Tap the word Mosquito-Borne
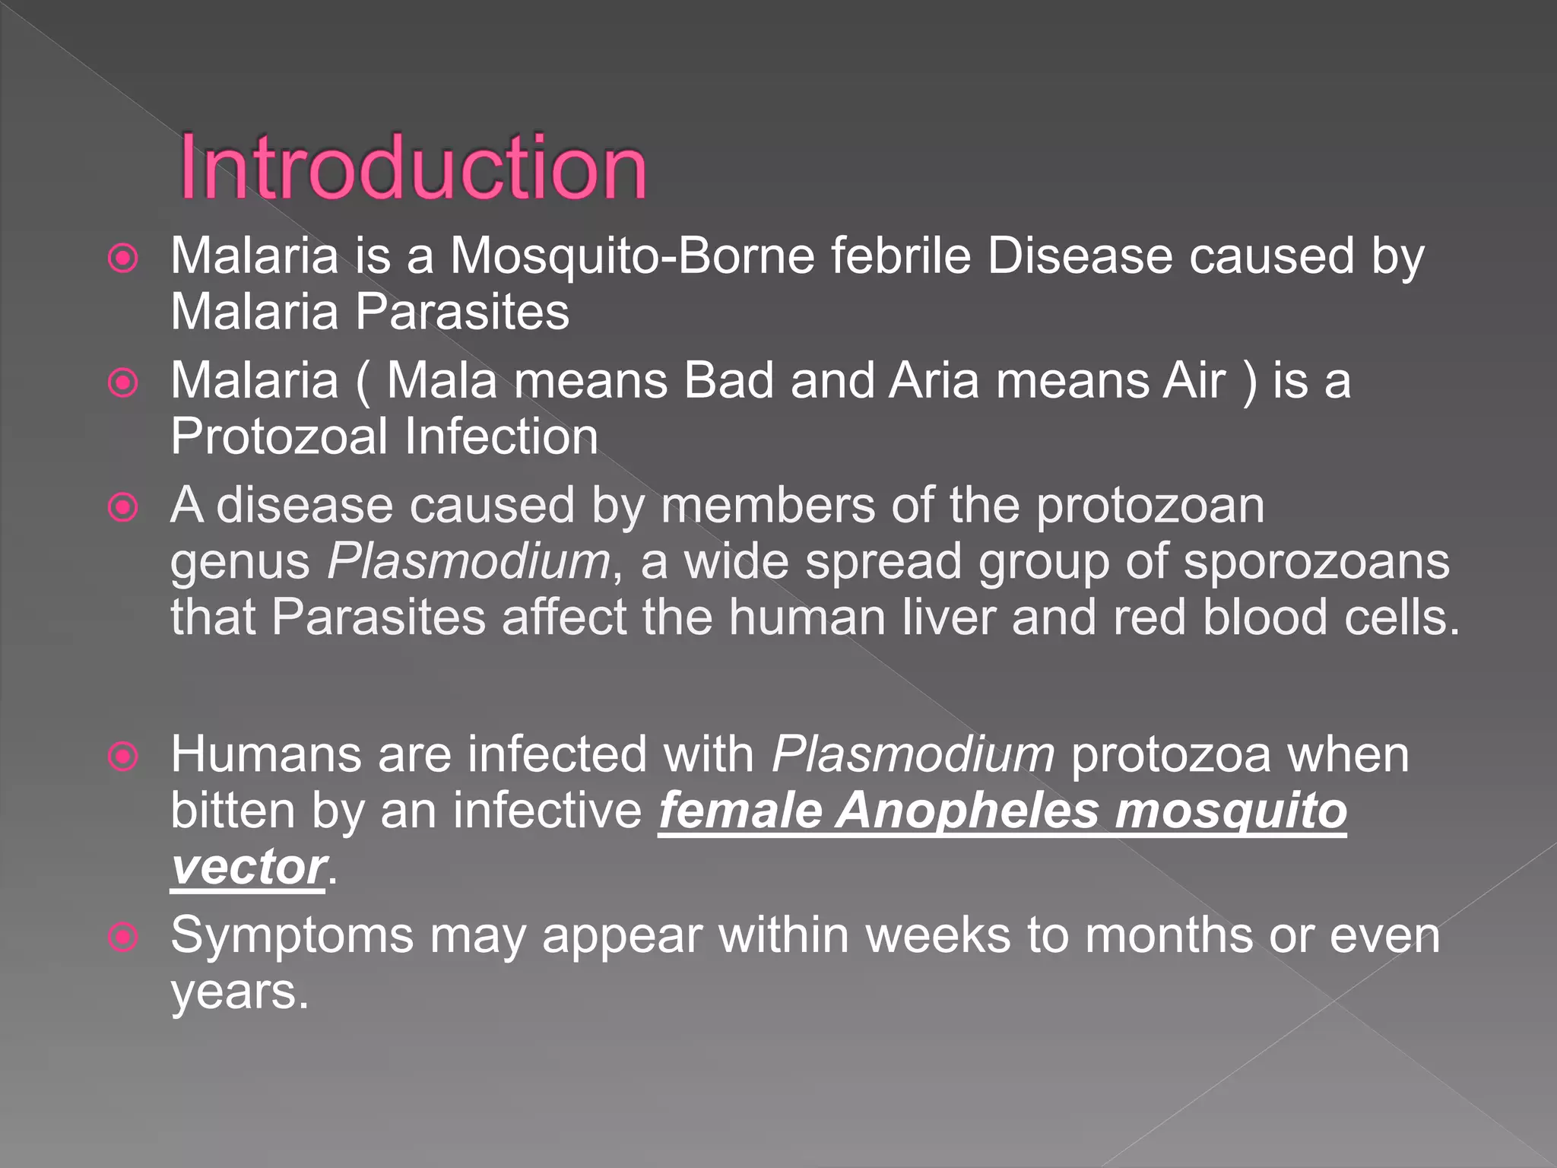(x=633, y=255)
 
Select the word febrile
(x=901, y=255)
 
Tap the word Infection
(x=501, y=436)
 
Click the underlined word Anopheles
(x=967, y=811)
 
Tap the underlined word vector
(x=248, y=867)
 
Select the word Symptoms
(x=292, y=937)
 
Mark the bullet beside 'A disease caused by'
(x=123, y=506)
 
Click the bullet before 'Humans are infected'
(x=123, y=756)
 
